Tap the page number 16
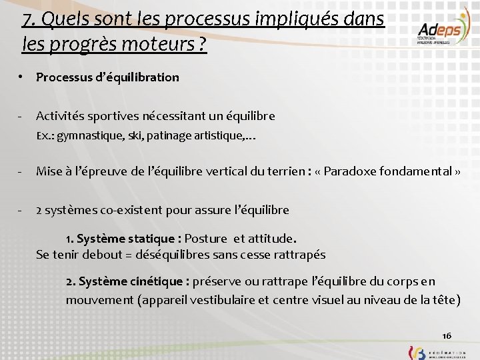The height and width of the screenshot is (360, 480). [447, 335]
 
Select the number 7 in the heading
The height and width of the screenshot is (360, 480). [27, 19]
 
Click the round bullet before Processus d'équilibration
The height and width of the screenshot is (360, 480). [22, 77]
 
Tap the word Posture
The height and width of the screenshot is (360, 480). [206, 238]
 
